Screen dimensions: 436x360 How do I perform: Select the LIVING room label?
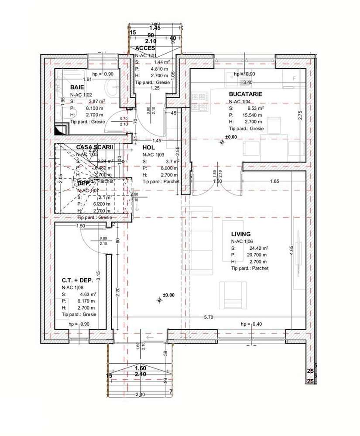241,234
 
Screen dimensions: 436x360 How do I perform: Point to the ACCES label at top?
145,48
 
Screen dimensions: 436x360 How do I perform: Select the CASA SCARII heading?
94,147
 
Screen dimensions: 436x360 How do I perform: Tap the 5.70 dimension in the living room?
209,317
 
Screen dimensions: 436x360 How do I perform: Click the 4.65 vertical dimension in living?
291,253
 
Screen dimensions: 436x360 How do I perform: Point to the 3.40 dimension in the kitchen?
247,82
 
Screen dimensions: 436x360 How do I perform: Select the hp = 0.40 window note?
251,324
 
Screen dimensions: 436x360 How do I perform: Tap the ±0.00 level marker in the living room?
168,295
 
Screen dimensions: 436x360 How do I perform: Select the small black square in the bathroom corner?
60,129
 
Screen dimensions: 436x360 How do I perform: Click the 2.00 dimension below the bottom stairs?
141,395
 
